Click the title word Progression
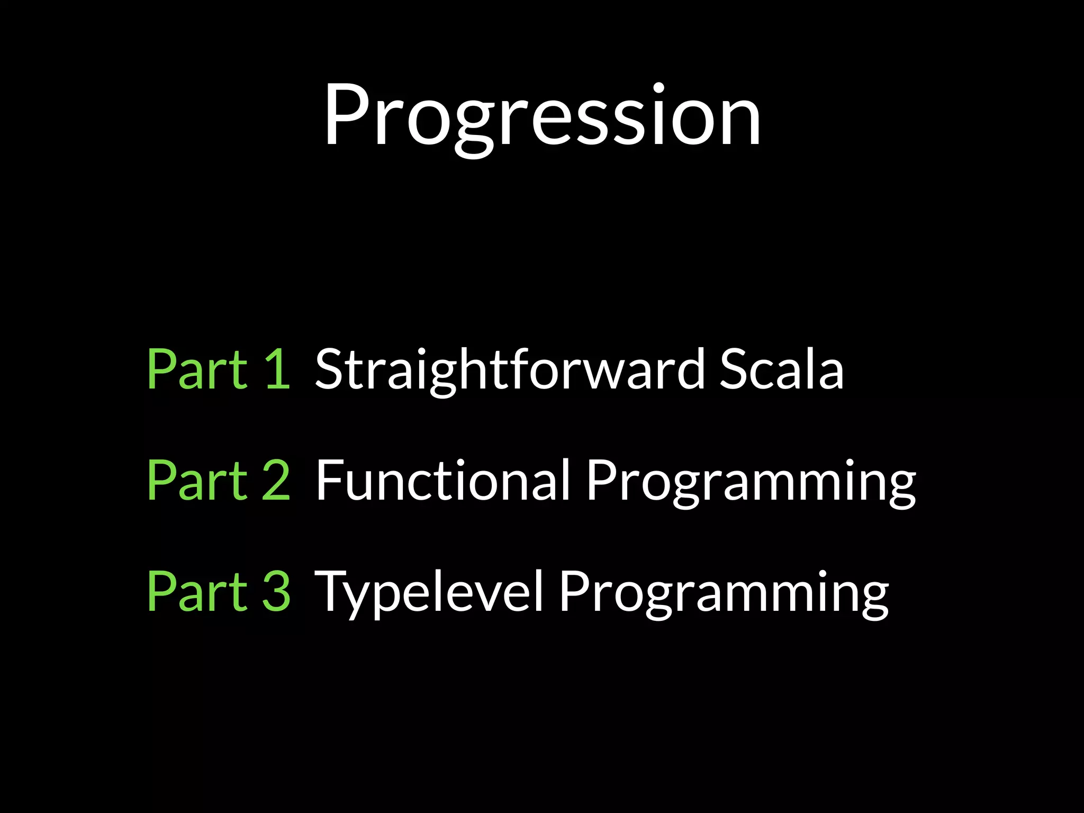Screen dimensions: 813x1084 (x=542, y=115)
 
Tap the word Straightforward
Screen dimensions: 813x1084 (x=509, y=369)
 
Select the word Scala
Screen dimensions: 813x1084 (x=781, y=369)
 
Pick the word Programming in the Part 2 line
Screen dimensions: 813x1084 (x=751, y=482)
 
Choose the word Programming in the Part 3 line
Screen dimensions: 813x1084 (x=724, y=593)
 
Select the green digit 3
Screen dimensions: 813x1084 (x=276, y=591)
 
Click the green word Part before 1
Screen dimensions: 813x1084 (x=197, y=369)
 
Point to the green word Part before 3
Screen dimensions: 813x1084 (x=197, y=591)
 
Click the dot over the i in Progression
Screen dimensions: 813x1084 (x=658, y=87)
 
